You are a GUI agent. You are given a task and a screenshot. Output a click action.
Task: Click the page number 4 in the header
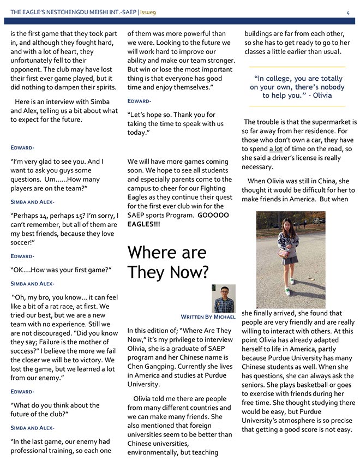(347, 13)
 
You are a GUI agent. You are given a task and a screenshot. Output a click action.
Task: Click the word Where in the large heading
(150, 253)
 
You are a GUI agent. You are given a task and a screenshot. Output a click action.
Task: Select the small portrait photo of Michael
(224, 298)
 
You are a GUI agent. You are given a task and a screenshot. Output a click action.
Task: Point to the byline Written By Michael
(208, 316)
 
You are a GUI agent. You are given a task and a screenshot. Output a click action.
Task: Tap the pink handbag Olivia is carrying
(283, 254)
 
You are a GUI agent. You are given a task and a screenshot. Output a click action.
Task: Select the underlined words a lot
(277, 149)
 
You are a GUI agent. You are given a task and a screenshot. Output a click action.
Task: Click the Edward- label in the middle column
(139, 101)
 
